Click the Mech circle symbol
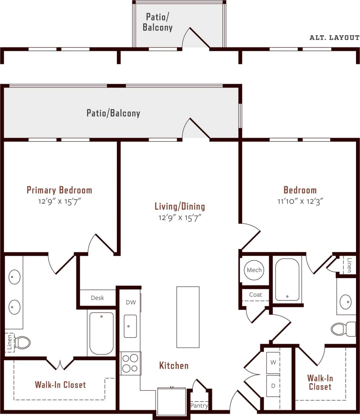[x=254, y=270]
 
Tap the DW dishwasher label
[x=131, y=302]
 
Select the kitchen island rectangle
[x=188, y=317]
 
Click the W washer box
[x=273, y=363]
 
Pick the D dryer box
[x=273, y=386]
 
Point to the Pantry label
[x=199, y=406]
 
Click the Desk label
[x=98, y=298]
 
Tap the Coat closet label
[x=255, y=295]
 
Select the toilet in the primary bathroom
[x=23, y=342]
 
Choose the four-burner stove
[x=130, y=363]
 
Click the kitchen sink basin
[x=130, y=326]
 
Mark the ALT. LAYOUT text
[x=334, y=38]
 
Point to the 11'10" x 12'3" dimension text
[x=300, y=201]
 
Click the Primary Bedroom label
[x=59, y=190]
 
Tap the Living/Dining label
[x=180, y=206]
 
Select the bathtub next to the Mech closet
[x=287, y=280]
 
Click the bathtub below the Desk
[x=101, y=333]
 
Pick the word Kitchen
[x=174, y=366]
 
